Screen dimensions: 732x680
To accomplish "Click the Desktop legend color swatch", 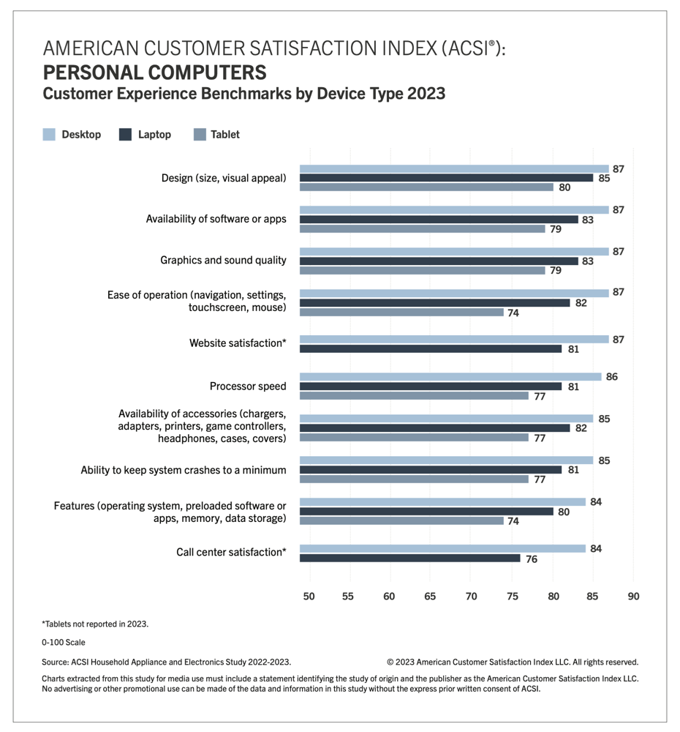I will tap(49, 135).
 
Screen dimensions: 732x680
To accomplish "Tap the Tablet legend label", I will tap(224, 135).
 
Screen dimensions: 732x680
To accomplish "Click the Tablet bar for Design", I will tap(426, 187).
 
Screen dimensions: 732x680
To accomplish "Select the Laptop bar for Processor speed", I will tap(431, 386).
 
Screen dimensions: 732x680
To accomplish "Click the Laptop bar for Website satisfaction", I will tap(431, 348).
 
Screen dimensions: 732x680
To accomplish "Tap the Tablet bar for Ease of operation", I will tap(401, 313).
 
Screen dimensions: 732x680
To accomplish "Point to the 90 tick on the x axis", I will tap(633, 596).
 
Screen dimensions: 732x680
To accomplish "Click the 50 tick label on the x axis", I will tap(309, 596).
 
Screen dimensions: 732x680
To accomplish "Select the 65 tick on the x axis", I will tap(430, 596).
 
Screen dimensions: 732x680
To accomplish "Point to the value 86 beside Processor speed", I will tap(612, 377).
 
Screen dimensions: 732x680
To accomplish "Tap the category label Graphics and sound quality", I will tap(223, 260).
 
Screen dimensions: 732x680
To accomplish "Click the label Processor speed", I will tap(248, 386).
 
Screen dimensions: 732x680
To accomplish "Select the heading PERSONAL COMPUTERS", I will tap(154, 73).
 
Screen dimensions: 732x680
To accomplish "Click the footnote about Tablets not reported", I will tap(95, 624).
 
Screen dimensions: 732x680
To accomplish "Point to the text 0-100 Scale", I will tap(64, 643).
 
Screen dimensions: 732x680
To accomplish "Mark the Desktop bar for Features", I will tap(442, 502).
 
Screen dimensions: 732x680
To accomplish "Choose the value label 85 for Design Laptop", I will tap(604, 178).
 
